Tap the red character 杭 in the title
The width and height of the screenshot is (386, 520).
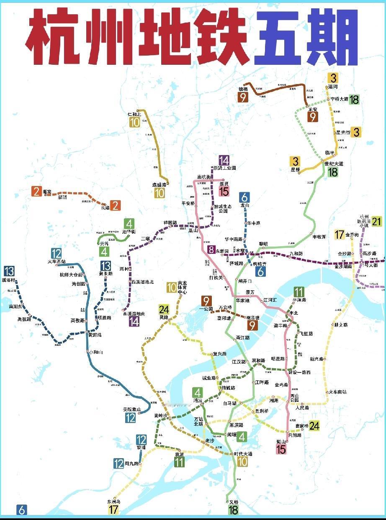53,38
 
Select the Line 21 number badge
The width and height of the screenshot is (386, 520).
377,221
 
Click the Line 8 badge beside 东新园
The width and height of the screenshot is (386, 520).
211,250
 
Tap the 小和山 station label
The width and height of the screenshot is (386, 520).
95,352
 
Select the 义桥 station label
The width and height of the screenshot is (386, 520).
233,502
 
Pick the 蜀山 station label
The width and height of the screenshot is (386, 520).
281,441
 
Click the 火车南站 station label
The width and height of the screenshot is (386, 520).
337,392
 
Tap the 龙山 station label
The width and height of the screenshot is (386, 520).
245,206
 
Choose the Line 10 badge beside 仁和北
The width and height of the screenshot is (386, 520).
134,122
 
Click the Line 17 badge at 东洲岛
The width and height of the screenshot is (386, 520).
113,510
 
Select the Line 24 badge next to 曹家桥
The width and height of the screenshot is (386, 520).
314,426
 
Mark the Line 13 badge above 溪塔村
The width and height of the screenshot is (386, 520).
8,271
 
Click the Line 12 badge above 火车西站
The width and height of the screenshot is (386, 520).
57,253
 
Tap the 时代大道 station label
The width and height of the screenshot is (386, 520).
243,454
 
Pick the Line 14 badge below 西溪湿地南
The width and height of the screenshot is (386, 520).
134,321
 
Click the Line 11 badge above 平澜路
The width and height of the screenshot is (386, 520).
299,292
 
